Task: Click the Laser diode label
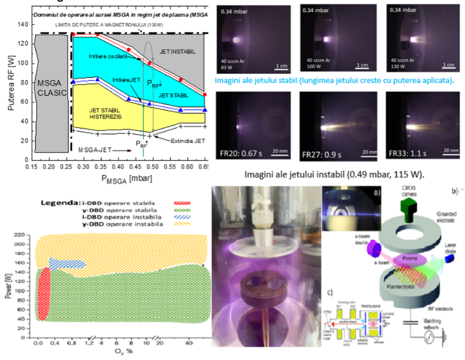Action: (452, 251)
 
